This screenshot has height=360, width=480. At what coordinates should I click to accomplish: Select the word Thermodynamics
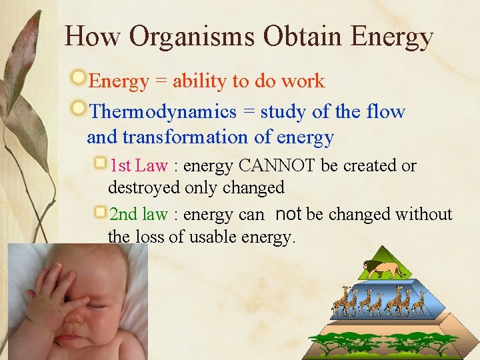click(x=163, y=111)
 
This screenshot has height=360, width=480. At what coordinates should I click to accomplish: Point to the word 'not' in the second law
click(x=288, y=214)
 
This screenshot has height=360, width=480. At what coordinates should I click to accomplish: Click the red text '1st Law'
click(x=138, y=165)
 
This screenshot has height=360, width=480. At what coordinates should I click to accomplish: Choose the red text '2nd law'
click(x=138, y=214)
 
